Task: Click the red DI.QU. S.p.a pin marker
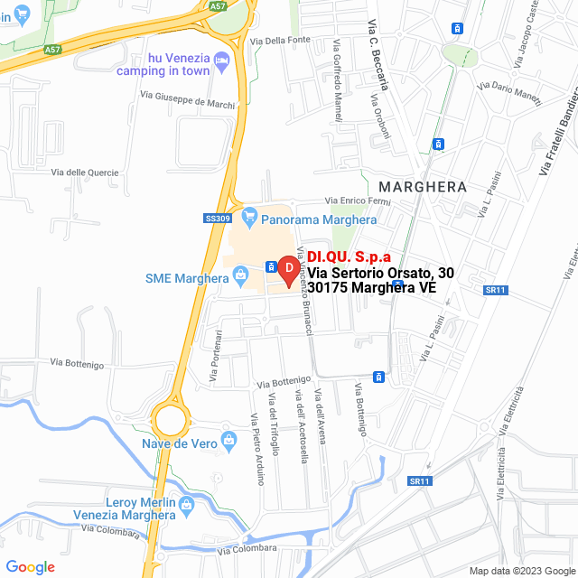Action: pyautogui.click(x=288, y=269)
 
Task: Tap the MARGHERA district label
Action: pyautogui.click(x=423, y=187)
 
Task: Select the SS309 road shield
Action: pyautogui.click(x=218, y=219)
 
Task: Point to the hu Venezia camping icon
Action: pyautogui.click(x=225, y=59)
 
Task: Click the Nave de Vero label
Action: pyautogui.click(x=178, y=443)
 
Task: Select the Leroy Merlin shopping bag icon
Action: pyautogui.click(x=187, y=503)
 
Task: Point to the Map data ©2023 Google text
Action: pyautogui.click(x=521, y=570)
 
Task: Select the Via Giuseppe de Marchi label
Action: pyautogui.click(x=188, y=100)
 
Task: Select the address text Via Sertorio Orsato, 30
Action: pyautogui.click(x=380, y=273)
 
